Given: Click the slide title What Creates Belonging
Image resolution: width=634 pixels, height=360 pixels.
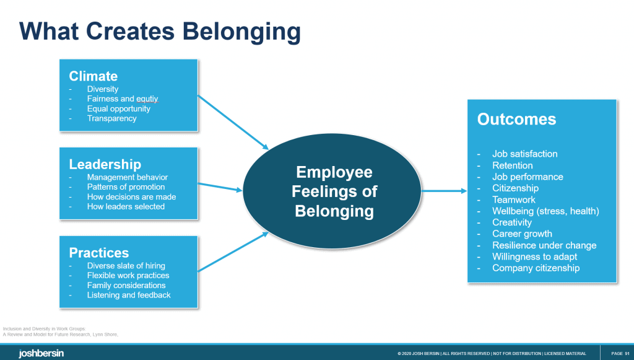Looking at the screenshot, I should (x=160, y=31).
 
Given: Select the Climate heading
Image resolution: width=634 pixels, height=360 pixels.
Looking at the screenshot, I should (x=93, y=76).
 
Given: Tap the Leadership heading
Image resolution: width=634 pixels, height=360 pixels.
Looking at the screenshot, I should (x=105, y=164).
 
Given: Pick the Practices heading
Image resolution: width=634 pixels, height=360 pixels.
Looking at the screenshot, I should (x=99, y=253).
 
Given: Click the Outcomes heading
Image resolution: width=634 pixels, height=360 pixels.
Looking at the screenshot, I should (x=516, y=119).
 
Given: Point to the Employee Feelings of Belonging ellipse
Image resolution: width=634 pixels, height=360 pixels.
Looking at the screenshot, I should (x=334, y=191).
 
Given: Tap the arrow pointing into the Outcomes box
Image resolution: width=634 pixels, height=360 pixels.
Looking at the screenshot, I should (x=445, y=191).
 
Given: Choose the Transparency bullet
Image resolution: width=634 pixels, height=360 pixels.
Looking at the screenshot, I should (x=111, y=118).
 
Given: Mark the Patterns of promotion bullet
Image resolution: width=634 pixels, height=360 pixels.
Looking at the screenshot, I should (x=126, y=187).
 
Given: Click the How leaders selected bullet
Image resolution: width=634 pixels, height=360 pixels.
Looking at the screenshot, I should (x=126, y=206).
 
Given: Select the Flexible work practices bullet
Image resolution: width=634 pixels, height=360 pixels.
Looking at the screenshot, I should (x=128, y=275).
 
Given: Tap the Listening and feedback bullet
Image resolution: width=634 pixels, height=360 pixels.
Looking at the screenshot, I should (x=129, y=295).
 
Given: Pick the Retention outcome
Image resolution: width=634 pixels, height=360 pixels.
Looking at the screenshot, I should (x=512, y=165).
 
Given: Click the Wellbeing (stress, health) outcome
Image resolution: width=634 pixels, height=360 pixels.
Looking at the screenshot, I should (x=545, y=211).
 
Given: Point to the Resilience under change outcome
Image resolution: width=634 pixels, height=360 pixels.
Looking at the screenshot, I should (x=544, y=245).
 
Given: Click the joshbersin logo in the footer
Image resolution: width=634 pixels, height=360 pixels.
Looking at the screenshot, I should (x=41, y=353).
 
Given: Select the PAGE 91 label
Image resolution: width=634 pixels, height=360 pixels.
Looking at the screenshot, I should (x=620, y=353).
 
